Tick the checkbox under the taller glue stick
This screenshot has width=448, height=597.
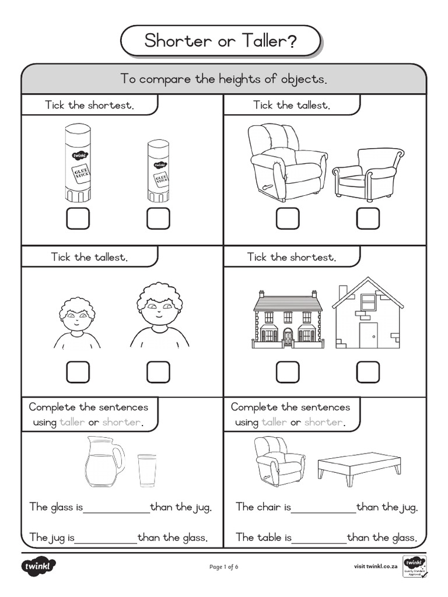[78, 218]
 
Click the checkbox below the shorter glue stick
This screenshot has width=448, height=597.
[158, 218]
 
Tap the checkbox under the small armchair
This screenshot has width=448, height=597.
[368, 218]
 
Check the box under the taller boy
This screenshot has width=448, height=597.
[158, 372]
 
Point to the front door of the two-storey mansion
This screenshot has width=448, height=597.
[288, 336]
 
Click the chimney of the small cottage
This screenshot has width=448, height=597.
[343, 291]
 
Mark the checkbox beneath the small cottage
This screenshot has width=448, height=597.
[368, 372]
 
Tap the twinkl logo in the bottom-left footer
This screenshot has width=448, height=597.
[38, 567]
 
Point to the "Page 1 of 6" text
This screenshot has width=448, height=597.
[223, 567]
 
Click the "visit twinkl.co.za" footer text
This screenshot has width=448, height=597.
[376, 567]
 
